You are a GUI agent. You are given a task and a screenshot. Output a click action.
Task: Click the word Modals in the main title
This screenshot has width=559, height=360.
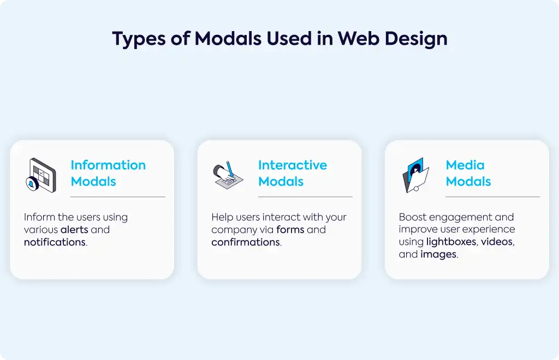click(x=228, y=39)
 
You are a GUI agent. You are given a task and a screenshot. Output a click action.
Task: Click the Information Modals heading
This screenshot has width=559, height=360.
click(x=108, y=173)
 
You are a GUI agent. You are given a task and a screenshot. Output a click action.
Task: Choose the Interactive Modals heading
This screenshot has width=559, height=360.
click(x=293, y=173)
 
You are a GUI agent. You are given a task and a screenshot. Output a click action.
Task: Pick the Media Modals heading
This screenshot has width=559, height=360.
click(x=468, y=173)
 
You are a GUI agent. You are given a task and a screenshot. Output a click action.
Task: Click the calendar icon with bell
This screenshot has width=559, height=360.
click(x=41, y=175)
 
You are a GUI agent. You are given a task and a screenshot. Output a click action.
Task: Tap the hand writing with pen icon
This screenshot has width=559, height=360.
click(x=228, y=175)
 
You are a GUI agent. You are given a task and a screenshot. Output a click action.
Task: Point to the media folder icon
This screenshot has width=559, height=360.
click(x=415, y=175)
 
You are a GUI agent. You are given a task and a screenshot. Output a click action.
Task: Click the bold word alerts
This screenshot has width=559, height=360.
click(x=74, y=230)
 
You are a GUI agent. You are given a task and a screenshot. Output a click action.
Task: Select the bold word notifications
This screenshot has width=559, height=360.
click(x=55, y=242)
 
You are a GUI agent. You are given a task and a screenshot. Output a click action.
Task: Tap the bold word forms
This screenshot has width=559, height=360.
click(x=290, y=230)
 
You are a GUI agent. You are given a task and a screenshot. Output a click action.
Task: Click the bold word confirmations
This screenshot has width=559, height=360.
click(x=246, y=242)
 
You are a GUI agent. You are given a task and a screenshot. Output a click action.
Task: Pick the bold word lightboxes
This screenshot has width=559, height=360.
click(x=451, y=242)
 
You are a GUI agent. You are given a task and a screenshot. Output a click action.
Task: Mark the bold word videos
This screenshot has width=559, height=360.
click(x=497, y=242)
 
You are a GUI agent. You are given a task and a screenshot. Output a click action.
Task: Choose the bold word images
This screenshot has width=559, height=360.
click(x=438, y=255)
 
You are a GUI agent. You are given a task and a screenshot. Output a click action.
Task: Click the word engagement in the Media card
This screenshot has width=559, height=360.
click(x=457, y=218)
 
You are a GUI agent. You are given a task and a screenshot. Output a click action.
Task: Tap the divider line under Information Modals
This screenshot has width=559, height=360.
click(x=118, y=196)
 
